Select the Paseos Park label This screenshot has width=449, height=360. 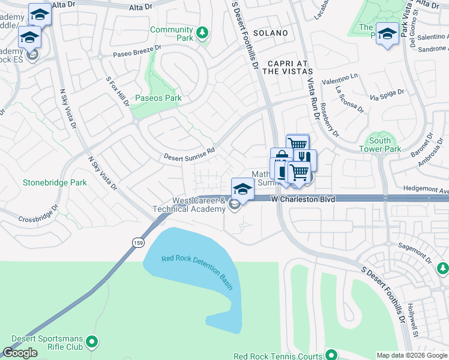pos(158,98)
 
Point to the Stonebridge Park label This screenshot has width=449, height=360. pos(55,182)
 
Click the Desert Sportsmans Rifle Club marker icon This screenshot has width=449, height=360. pos(92,342)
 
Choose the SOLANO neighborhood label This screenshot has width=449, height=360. pos(270,33)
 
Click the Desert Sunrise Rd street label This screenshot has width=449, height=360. pos(190,155)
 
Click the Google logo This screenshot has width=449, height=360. pos(20,353)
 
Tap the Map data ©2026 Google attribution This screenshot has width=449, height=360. pos(412,355)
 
